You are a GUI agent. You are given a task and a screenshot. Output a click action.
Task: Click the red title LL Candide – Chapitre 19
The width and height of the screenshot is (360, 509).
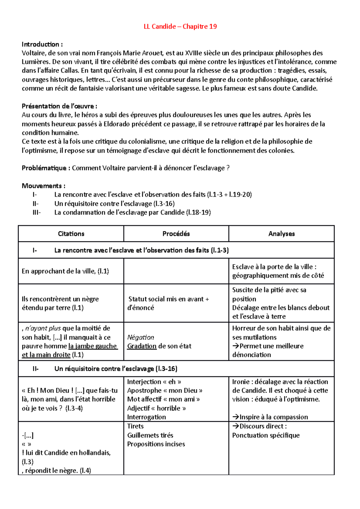tap(180, 26)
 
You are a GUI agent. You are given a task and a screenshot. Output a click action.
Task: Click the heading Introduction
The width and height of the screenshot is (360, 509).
tap(42, 44)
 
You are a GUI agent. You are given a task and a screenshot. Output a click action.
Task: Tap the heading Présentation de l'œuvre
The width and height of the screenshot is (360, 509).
tap(59, 106)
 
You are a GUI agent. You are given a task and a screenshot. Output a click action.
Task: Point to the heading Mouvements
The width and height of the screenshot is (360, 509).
tap(43, 186)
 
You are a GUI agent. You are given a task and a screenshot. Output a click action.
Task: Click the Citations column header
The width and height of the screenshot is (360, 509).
tap(71, 234)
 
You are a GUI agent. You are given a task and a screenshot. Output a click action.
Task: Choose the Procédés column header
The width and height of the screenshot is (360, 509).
tap(176, 234)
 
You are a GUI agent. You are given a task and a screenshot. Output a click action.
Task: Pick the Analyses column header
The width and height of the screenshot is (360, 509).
tap(281, 234)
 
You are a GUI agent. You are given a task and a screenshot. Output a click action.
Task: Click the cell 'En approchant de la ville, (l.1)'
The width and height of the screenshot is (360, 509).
tap(65, 271)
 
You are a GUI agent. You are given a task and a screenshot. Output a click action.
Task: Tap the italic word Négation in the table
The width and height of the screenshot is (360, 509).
tap(140, 337)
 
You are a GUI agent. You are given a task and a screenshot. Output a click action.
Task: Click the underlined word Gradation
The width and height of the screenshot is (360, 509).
tap(142, 346)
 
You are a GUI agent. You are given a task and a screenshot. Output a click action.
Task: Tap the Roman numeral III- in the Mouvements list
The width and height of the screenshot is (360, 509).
tap(37, 212)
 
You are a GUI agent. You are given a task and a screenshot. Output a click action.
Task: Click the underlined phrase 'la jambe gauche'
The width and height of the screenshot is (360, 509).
tap(93, 346)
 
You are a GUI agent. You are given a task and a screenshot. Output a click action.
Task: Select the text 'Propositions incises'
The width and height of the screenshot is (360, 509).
tap(156, 444)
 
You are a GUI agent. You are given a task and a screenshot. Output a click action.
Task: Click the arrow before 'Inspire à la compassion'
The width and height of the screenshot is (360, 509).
tap(235, 417)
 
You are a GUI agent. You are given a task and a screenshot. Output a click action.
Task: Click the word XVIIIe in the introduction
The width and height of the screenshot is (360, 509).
tap(193, 53)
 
